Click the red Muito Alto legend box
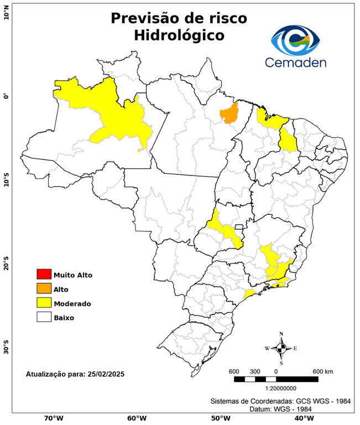pyautogui.click(x=44, y=274)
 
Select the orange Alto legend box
pyautogui.click(x=44, y=288)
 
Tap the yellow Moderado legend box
pyautogui.click(x=44, y=303)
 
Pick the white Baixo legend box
pyautogui.click(x=44, y=317)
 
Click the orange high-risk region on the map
pyautogui.click(x=228, y=113)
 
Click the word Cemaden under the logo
pyautogui.click(x=296, y=62)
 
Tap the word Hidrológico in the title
pyautogui.click(x=179, y=35)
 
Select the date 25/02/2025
pyautogui.click(x=105, y=374)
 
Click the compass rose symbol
pyautogui.click(x=281, y=348)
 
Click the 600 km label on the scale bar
pyautogui.click(x=323, y=371)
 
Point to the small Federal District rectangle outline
pyautogui.click(x=240, y=227)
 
